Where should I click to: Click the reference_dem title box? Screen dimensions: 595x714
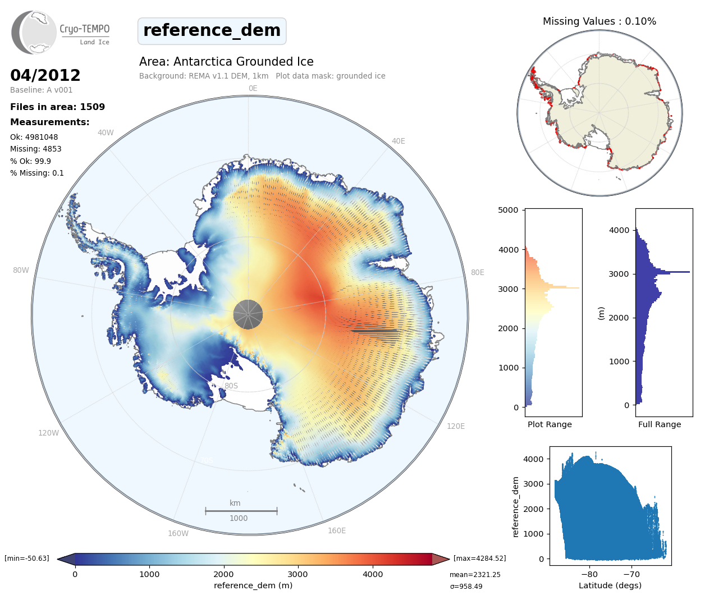click(x=212, y=31)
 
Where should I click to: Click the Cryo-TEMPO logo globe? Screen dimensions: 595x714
click(x=35, y=33)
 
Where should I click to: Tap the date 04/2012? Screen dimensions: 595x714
click(x=45, y=75)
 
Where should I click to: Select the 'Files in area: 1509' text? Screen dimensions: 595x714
click(x=57, y=107)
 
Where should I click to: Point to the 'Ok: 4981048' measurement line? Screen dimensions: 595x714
click(x=34, y=137)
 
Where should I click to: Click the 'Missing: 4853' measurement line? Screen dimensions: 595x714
click(x=35, y=149)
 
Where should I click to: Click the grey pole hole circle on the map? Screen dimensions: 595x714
click(x=248, y=314)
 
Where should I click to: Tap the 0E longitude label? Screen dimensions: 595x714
click(x=253, y=88)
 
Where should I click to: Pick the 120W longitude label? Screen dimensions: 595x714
click(x=48, y=433)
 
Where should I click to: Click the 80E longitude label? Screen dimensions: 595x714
click(x=477, y=272)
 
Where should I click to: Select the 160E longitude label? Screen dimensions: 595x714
click(x=337, y=530)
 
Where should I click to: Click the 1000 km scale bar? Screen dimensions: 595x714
click(x=241, y=511)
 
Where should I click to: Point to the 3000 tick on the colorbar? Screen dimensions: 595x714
click(x=297, y=574)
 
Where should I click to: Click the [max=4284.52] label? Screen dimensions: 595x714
click(x=479, y=559)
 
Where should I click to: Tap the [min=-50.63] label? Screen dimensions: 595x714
click(x=27, y=559)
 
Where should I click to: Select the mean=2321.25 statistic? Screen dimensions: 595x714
click(x=475, y=575)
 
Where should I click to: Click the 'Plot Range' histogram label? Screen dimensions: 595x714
click(x=550, y=424)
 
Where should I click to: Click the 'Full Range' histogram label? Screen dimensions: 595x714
click(x=660, y=424)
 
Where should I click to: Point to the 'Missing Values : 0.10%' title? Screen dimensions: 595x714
click(x=599, y=21)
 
